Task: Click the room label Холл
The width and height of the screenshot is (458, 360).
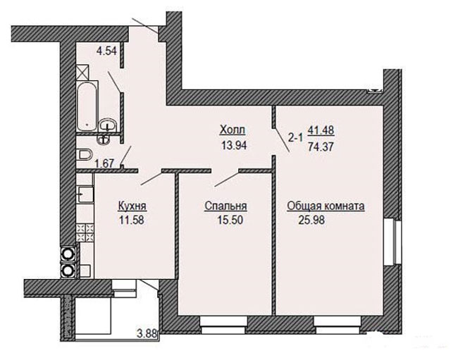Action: [x=233, y=130]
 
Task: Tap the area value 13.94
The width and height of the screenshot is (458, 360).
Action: [x=234, y=145]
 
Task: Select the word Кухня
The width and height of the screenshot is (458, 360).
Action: [x=132, y=206]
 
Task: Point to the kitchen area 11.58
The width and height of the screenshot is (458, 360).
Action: [x=132, y=220]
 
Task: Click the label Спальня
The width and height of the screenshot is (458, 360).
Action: [x=225, y=206]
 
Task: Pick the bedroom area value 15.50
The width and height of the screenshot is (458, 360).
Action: [x=230, y=220]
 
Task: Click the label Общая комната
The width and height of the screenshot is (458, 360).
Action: [x=326, y=206]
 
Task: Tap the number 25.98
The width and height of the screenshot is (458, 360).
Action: [x=311, y=220]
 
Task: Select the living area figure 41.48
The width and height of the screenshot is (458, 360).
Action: [x=321, y=130]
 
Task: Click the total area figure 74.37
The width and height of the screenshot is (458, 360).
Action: [x=321, y=147]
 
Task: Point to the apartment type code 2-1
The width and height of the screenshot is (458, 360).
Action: [x=296, y=137]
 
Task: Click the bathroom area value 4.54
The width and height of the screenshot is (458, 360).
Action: [x=106, y=51]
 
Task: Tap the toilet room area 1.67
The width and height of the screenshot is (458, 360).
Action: [x=104, y=163]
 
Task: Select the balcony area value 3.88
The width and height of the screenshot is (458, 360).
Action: [x=147, y=333]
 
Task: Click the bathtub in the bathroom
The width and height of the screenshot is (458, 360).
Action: [x=87, y=106]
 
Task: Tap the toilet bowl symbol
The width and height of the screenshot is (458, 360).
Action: [x=85, y=155]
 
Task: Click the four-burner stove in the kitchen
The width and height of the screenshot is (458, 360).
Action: [x=85, y=232]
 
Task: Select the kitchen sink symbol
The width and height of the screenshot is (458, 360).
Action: [x=85, y=194]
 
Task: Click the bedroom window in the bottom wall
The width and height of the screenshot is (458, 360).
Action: [x=223, y=325]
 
